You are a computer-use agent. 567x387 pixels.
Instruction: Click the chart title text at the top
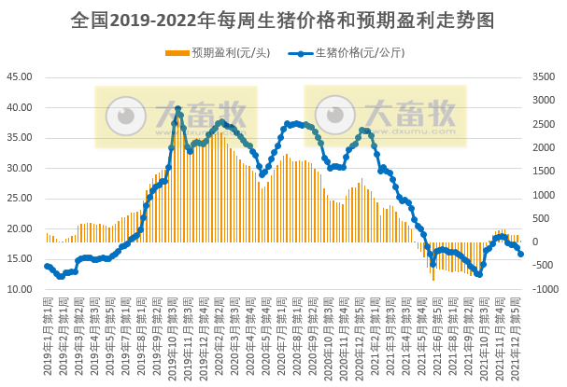click(x=282, y=19)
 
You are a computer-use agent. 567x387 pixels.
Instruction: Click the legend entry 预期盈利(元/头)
click(x=224, y=52)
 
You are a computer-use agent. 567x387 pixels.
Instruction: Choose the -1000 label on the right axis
click(x=544, y=290)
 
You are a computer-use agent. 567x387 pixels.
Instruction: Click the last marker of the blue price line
click(x=520, y=254)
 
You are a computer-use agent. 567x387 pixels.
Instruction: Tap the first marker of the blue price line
click(x=47, y=266)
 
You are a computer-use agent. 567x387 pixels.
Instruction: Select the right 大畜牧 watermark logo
click(x=385, y=116)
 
